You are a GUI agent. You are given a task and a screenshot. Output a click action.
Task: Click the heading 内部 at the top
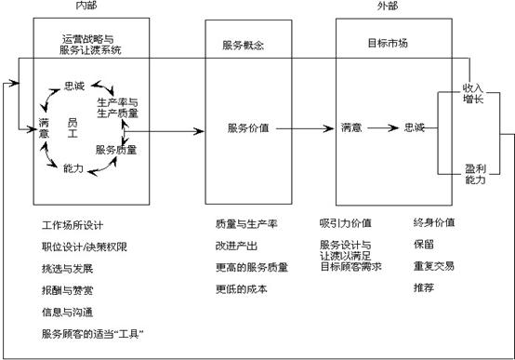tap(86, 7)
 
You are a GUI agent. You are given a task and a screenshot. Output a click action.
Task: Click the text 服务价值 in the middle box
tap(247, 128)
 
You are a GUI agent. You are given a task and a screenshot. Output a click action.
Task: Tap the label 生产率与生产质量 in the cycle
tap(118, 107)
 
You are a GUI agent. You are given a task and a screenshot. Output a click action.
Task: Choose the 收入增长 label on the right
tap(474, 93)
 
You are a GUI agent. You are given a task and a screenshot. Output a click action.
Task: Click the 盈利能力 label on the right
tap(474, 174)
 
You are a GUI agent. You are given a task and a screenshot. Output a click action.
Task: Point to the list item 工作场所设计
tap(73, 225)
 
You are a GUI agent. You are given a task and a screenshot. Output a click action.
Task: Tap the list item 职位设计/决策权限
tap(86, 246)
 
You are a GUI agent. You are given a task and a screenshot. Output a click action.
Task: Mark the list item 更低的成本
tap(241, 288)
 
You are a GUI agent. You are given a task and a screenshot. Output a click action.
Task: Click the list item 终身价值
tap(433, 223)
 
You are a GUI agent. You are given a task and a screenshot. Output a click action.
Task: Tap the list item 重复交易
tap(433, 266)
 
